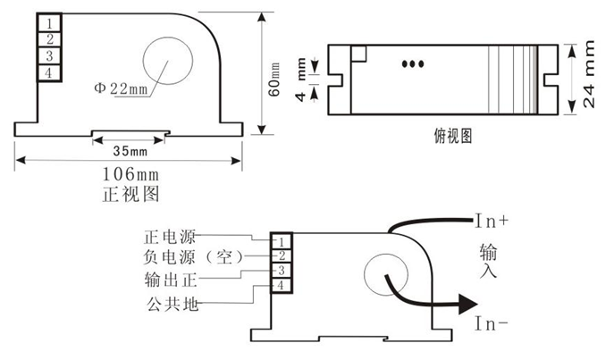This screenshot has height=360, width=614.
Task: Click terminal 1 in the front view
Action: click(x=49, y=23)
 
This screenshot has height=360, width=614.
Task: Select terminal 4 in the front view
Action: click(x=49, y=72)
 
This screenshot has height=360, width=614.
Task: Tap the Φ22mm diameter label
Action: click(x=121, y=88)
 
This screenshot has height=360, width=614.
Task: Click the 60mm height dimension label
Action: click(x=274, y=80)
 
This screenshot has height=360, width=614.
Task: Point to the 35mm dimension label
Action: click(x=130, y=151)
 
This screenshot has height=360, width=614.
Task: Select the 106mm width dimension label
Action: click(x=130, y=174)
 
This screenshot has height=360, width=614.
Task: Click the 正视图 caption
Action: click(x=130, y=194)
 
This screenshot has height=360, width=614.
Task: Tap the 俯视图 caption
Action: click(x=453, y=136)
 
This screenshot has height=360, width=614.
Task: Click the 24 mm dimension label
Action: click(x=589, y=74)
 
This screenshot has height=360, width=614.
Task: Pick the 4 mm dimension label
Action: click(x=300, y=80)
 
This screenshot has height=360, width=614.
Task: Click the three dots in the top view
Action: click(x=413, y=63)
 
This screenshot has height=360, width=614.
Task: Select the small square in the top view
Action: click(x=358, y=54)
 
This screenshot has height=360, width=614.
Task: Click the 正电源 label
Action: click(x=170, y=237)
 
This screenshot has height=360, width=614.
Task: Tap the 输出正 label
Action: click(x=171, y=280)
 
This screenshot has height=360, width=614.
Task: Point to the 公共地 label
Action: click(x=172, y=304)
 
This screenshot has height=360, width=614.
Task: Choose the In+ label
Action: click(x=492, y=221)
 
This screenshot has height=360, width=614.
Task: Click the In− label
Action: click(x=492, y=323)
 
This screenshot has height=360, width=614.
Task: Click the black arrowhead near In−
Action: click(x=468, y=304)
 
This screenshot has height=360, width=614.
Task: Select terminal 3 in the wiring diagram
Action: click(x=282, y=270)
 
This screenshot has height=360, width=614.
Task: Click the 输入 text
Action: click(x=488, y=261)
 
